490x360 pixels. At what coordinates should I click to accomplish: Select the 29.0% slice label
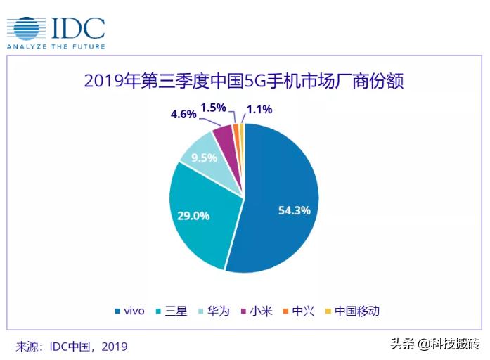tap(193, 216)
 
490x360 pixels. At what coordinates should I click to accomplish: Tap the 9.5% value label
tap(202, 157)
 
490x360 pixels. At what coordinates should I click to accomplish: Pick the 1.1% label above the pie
tap(259, 109)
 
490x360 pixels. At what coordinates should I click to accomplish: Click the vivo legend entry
tap(129, 311)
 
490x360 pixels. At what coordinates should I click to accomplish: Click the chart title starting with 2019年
tap(244, 81)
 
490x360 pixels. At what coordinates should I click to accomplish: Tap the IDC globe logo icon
tap(26, 28)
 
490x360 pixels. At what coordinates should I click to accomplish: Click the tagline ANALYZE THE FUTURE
tap(56, 46)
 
